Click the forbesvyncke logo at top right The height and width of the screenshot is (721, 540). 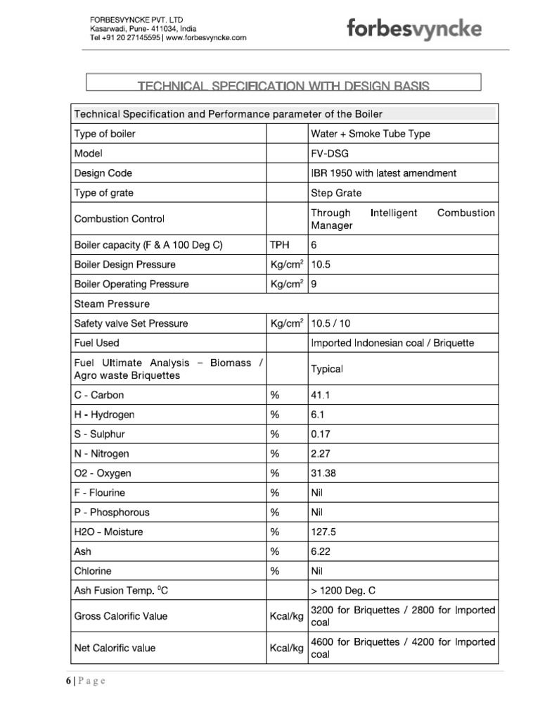pyautogui.click(x=414, y=30)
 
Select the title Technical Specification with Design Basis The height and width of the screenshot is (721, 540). pyautogui.click(x=283, y=86)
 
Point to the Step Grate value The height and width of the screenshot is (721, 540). pyautogui.click(x=336, y=192)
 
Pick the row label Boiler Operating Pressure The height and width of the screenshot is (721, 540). pyautogui.click(x=131, y=284)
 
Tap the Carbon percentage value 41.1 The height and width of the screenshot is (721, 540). pyautogui.click(x=321, y=395)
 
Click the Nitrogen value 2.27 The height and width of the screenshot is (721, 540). pyautogui.click(x=321, y=454)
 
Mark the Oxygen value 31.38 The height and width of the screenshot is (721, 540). pyautogui.click(x=323, y=473)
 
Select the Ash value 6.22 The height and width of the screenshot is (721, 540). pyautogui.click(x=321, y=552)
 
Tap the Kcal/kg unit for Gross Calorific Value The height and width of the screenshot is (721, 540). pyautogui.click(x=286, y=616)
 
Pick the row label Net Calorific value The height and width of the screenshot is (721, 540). pyautogui.click(x=115, y=648)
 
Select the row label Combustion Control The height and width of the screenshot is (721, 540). pyautogui.click(x=120, y=219)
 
